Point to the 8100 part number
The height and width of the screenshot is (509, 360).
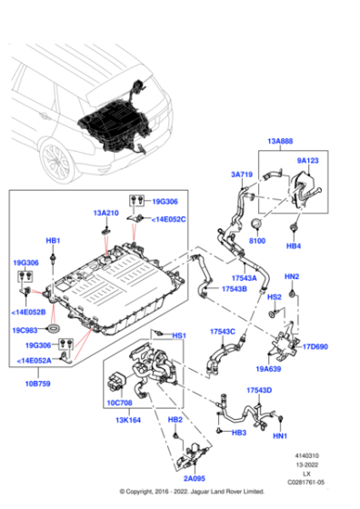point(258,242)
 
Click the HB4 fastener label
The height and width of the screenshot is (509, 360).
point(294,245)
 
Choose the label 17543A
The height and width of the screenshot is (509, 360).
point(243,278)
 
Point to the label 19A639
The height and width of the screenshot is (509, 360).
point(270,369)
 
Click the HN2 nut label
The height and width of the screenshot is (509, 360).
point(292,276)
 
